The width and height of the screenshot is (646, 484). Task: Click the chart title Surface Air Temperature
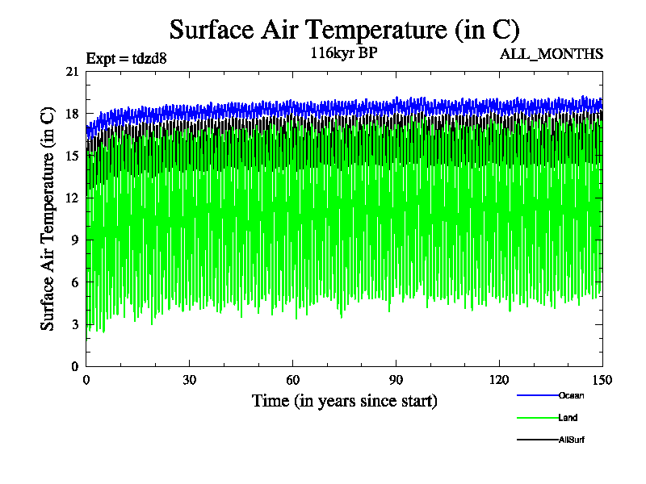(344, 30)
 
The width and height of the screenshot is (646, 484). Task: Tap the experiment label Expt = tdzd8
(125, 58)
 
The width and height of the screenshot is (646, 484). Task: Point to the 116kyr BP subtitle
(344, 54)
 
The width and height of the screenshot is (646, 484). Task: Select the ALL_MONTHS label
(552, 54)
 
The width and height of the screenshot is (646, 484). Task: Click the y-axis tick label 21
(72, 72)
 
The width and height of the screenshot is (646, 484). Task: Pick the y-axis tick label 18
(72, 114)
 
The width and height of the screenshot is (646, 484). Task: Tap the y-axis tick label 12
(72, 198)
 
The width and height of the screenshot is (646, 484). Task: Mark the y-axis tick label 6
(74, 282)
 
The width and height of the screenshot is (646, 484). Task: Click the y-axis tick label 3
(74, 324)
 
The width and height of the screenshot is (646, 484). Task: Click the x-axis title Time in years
(344, 400)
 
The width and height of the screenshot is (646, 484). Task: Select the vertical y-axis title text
(48, 219)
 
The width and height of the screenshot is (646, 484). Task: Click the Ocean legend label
(571, 395)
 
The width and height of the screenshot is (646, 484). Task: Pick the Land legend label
(568, 418)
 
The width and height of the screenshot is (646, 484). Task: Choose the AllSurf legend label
(571, 440)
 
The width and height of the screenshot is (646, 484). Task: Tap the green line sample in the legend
(537, 418)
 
